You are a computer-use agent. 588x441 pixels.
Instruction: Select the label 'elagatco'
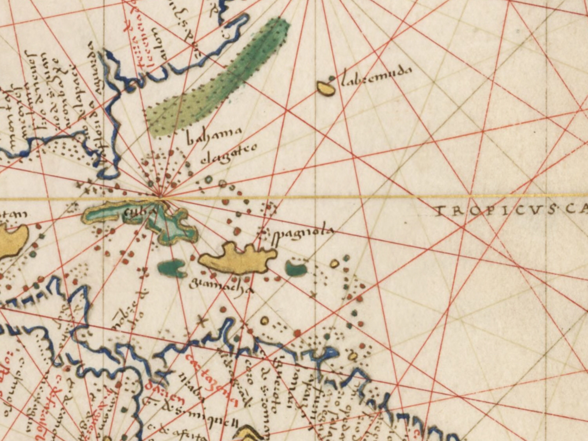[229, 156]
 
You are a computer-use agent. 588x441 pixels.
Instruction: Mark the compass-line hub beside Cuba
[160, 197]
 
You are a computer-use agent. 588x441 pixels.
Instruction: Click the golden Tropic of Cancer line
[346, 197]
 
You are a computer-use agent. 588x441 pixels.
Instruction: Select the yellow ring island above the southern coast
[264, 320]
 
